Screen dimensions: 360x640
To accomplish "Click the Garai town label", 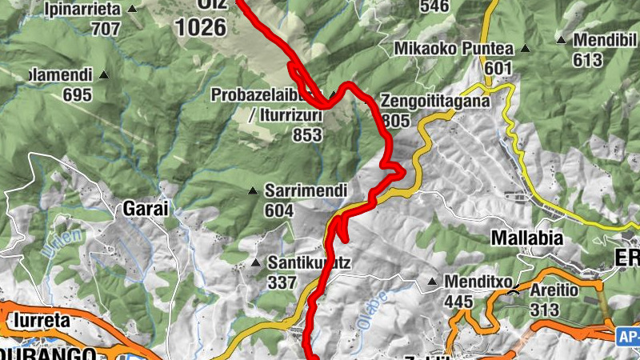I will pos(146,209).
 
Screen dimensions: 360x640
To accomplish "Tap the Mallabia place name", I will pos(526,238).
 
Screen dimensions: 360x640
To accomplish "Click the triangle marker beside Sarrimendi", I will pos(253,191).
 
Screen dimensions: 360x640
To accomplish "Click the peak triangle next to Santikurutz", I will pos(256,262).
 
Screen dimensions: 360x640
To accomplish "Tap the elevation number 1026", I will pos(202,27).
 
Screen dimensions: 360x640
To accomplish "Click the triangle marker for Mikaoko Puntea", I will pos(526,49).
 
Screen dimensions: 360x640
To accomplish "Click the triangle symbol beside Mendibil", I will pos(562,39).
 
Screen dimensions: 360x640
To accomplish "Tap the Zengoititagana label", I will pos(434,102).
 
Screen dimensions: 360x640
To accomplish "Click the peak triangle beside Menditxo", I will pos(432,282).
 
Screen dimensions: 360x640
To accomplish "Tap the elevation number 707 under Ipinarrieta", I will pos(106,29).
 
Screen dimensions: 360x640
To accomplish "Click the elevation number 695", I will pos(78,94).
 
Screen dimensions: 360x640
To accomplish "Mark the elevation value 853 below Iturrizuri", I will pos(306,135).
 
